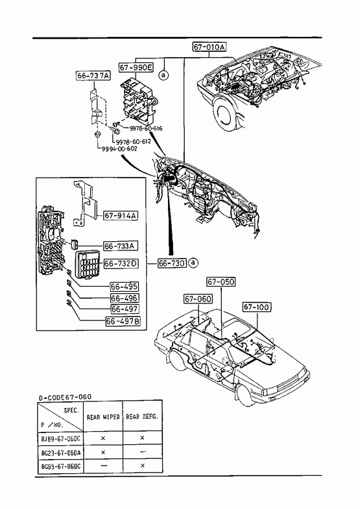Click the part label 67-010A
tap(210, 47)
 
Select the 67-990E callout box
tap(136, 67)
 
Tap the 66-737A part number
tap(93, 76)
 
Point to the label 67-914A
tap(121, 215)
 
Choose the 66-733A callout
tap(120, 246)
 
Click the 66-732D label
tap(121, 264)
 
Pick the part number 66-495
tap(125, 287)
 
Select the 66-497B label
tap(123, 321)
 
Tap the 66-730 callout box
tap(172, 263)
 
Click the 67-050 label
tap(221, 282)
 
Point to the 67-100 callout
tap(257, 307)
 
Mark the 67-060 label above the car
tap(198, 299)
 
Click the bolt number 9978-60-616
tap(146, 128)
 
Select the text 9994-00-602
tap(119, 148)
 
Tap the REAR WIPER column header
tap(103, 417)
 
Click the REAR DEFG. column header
tap(142, 416)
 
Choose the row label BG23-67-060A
tap(61, 453)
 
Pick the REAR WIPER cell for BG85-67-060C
tap(103, 466)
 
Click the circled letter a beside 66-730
tap(193, 263)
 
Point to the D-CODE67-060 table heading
tap(66, 397)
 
